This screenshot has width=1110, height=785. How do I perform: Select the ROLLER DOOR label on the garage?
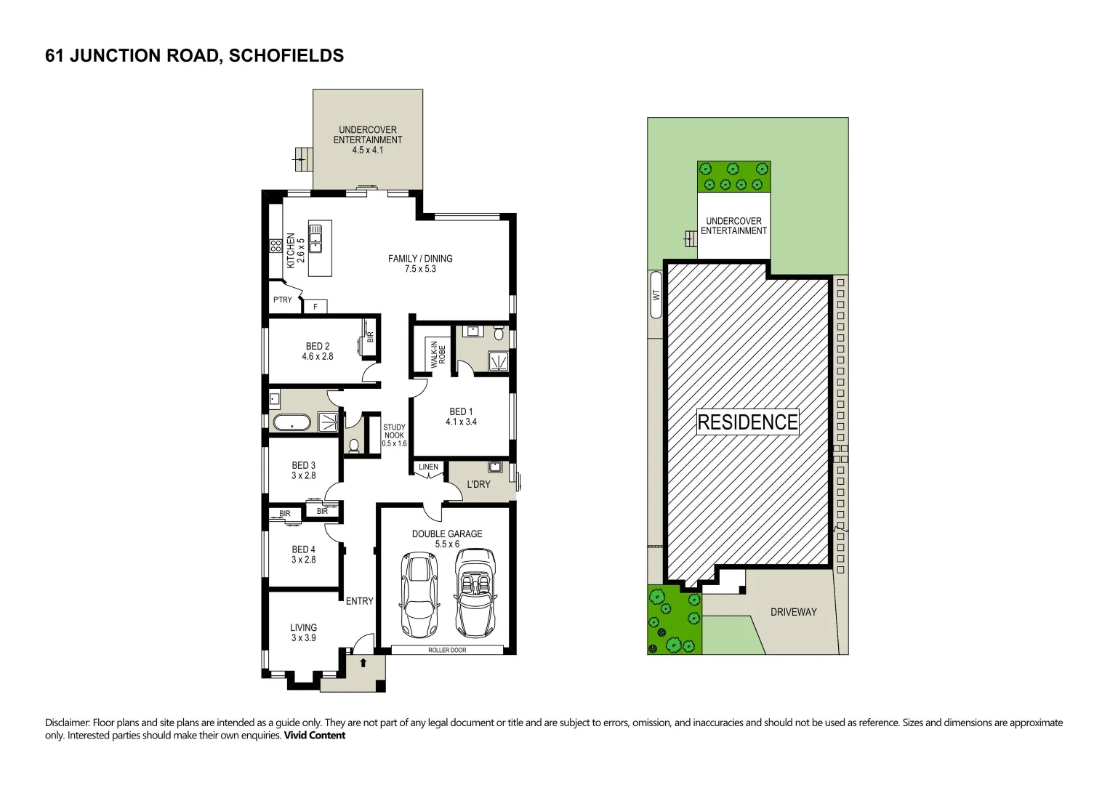(x=447, y=650)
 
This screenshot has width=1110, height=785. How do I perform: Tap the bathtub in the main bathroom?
(x=291, y=422)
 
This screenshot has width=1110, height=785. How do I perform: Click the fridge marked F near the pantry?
(x=315, y=307)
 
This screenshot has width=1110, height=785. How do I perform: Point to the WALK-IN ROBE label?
(x=438, y=354)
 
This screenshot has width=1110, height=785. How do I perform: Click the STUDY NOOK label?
(x=394, y=435)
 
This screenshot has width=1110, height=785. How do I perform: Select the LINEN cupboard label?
(x=428, y=467)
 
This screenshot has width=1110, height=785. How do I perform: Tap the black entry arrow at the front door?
(x=363, y=662)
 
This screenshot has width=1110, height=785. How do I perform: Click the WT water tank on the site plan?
(x=656, y=294)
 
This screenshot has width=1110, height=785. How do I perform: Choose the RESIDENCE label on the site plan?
(x=747, y=422)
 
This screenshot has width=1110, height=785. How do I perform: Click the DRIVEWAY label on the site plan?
(x=793, y=612)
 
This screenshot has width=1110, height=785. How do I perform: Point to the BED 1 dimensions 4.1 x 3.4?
(x=461, y=422)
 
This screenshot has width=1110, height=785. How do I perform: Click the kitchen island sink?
(x=315, y=238)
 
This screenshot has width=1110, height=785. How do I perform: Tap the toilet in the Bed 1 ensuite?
(x=498, y=334)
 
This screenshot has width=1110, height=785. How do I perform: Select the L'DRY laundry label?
(x=478, y=484)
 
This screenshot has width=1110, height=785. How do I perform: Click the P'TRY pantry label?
(x=282, y=299)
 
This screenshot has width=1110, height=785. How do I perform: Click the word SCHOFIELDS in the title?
(x=286, y=56)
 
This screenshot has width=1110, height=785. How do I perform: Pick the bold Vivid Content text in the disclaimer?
(x=314, y=735)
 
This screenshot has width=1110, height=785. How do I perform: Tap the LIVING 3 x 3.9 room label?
(x=303, y=632)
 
